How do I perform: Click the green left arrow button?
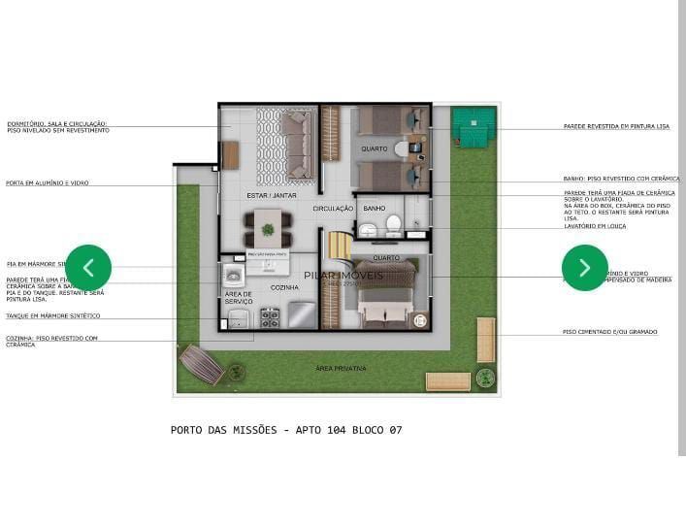pyautogui.click(x=88, y=267)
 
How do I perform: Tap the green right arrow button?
pyautogui.click(x=585, y=268)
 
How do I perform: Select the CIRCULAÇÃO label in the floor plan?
pyautogui.click(x=333, y=209)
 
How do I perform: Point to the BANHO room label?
pyautogui.click(x=375, y=209)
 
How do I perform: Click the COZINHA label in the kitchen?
pyautogui.click(x=284, y=287)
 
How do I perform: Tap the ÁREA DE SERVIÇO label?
pyautogui.click(x=239, y=297)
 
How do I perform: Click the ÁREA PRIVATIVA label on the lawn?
pyautogui.click(x=340, y=369)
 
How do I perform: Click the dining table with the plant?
pyautogui.click(x=266, y=230)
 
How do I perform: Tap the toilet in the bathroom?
pyautogui.click(x=393, y=225)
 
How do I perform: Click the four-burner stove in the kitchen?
pyautogui.click(x=269, y=316)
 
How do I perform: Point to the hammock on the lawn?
pyautogui.click(x=202, y=365)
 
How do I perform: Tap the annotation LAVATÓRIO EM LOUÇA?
pyautogui.click(x=596, y=227)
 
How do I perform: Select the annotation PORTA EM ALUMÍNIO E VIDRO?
pyautogui.click(x=48, y=182)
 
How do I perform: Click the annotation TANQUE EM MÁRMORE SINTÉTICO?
pyautogui.click(x=52, y=315)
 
